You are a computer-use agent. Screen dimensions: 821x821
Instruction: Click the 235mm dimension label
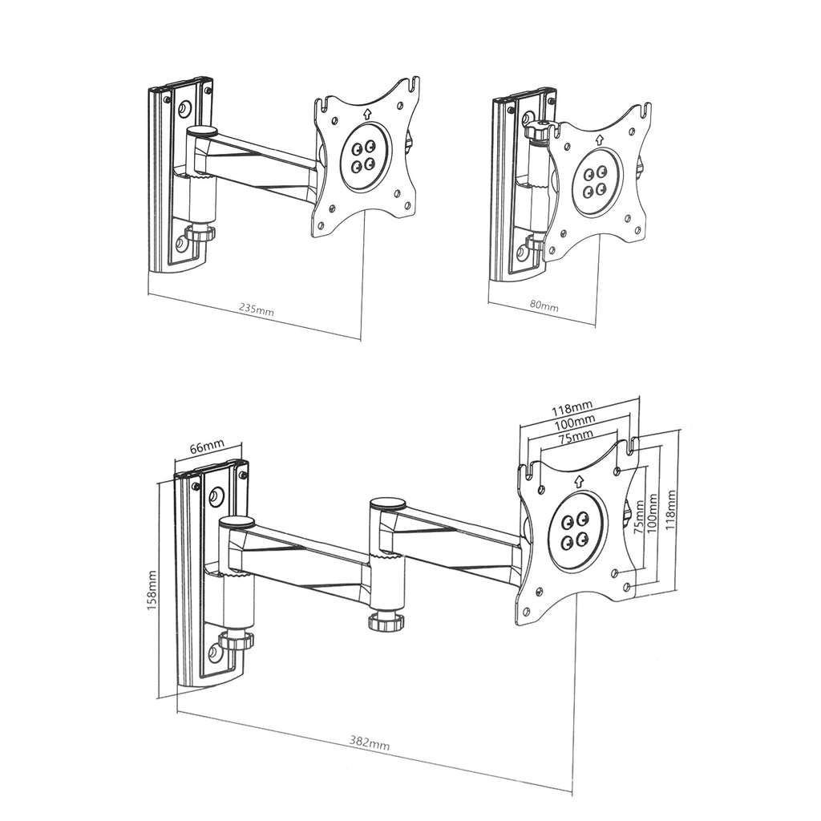[x=257, y=309]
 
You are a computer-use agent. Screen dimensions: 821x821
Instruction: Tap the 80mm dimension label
[x=544, y=305]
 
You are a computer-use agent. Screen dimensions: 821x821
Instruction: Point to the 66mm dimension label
[x=206, y=447]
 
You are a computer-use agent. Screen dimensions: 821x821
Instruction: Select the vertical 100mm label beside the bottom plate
[x=653, y=514]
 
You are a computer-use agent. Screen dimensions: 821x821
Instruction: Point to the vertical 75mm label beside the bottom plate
[x=638, y=517]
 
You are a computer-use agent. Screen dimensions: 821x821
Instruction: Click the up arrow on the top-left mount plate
[x=367, y=112]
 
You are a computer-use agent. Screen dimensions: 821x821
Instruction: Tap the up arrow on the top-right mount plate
[x=598, y=140]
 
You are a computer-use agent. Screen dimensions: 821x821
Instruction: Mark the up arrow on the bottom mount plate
[x=579, y=481]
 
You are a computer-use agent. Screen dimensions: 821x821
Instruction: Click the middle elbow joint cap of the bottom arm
[x=387, y=505]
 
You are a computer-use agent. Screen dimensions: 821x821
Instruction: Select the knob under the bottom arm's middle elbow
[x=387, y=621]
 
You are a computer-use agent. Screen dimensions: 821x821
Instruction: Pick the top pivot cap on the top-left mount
[x=201, y=131]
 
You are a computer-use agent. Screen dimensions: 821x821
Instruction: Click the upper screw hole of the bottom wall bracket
[x=215, y=497]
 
